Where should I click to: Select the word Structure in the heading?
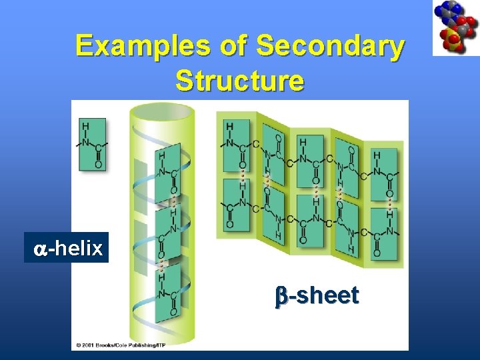(x=240, y=81)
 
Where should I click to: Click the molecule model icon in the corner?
(x=455, y=27)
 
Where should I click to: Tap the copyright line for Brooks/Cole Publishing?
(x=131, y=345)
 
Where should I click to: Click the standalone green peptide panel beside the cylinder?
(x=92, y=145)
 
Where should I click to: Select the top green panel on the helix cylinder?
(x=167, y=171)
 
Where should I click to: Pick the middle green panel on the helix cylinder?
(x=167, y=231)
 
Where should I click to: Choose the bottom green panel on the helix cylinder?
(x=167, y=291)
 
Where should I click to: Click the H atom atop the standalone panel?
(x=85, y=125)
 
